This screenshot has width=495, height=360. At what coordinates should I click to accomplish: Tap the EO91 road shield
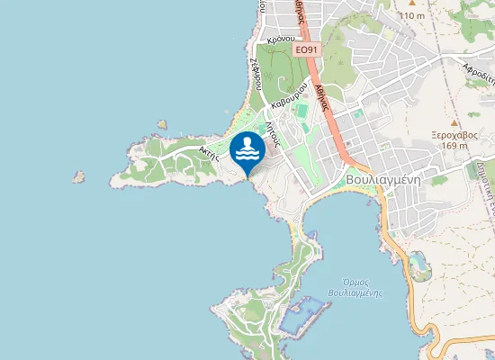point(307,49)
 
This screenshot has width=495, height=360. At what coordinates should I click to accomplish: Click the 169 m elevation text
point(455,145)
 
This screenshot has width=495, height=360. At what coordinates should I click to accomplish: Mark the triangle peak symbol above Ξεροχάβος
point(454,121)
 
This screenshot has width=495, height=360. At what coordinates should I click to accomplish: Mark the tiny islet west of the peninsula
point(78,178)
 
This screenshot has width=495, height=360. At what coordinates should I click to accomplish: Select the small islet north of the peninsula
point(162,125)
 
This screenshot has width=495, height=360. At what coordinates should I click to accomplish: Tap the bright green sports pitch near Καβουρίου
point(301,111)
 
